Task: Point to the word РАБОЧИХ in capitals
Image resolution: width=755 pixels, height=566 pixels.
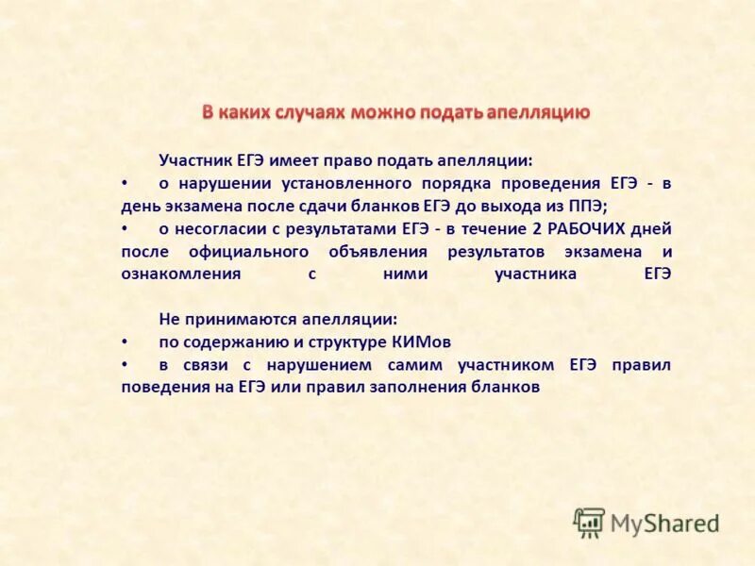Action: [x=586, y=228]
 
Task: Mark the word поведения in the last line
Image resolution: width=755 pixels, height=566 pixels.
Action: [x=162, y=387]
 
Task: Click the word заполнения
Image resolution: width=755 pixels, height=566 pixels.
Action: [x=428, y=387]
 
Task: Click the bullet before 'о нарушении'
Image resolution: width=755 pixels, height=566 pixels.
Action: [x=126, y=183]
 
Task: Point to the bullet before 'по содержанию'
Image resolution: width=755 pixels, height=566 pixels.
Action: [x=126, y=341]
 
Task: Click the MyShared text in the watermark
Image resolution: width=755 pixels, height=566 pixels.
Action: [x=664, y=523]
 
